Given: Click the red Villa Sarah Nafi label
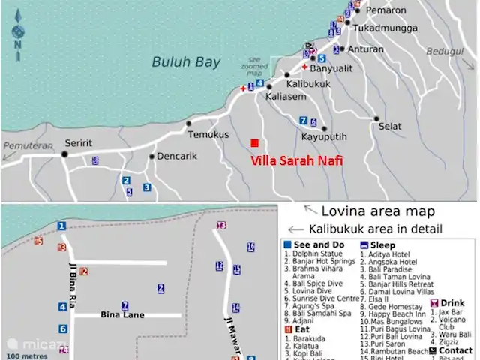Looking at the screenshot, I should coord(296,160).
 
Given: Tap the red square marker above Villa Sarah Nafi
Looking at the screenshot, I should coord(255,143).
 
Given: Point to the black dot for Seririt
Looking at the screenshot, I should coord(64,154).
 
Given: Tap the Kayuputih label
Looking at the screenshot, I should coord(324,138).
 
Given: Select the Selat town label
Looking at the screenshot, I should coord(390,127).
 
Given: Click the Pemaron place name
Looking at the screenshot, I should coord(386,10).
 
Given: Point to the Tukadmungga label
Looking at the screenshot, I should coord(384,28).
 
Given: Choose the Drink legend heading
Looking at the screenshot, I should coord(451,302).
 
